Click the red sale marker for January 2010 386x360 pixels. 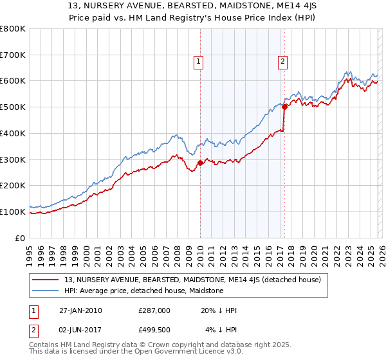click(200, 163)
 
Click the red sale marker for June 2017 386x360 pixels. click(284, 108)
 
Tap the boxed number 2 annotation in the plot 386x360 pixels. click(282, 62)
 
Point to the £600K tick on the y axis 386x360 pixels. click(13, 81)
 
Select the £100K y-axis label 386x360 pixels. click(13, 212)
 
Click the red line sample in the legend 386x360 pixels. click(46, 280)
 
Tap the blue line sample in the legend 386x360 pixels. click(46, 291)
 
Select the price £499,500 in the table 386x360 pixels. click(154, 330)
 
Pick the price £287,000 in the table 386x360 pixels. click(154, 310)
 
